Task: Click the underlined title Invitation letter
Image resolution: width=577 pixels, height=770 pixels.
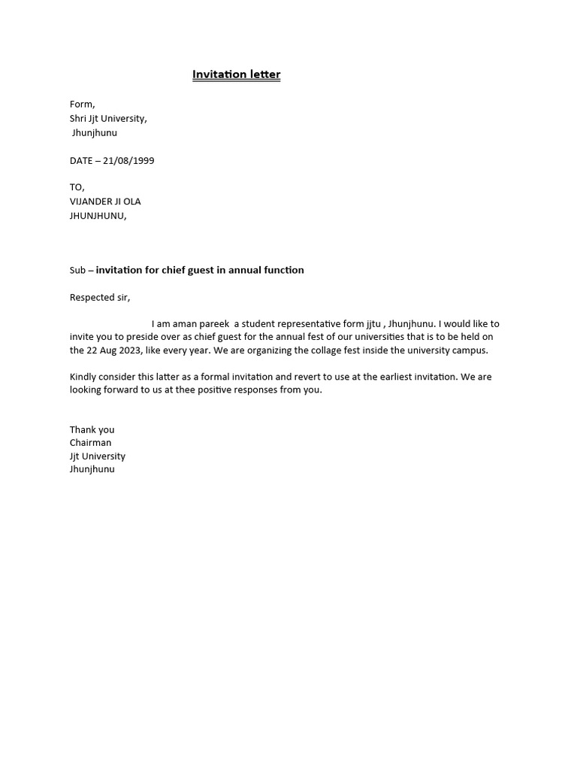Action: [x=236, y=74]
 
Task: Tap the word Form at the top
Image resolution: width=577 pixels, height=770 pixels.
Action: [x=82, y=105]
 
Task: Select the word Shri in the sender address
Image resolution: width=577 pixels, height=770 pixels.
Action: [x=80, y=119]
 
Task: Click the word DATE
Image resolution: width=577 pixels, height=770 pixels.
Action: [x=81, y=161]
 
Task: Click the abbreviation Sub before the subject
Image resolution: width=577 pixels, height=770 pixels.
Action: [x=77, y=271]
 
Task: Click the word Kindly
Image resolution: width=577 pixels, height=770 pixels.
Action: [x=83, y=377]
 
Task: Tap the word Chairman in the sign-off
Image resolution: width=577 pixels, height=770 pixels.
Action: [x=91, y=443]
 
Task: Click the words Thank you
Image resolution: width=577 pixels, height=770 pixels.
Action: [x=92, y=430]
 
